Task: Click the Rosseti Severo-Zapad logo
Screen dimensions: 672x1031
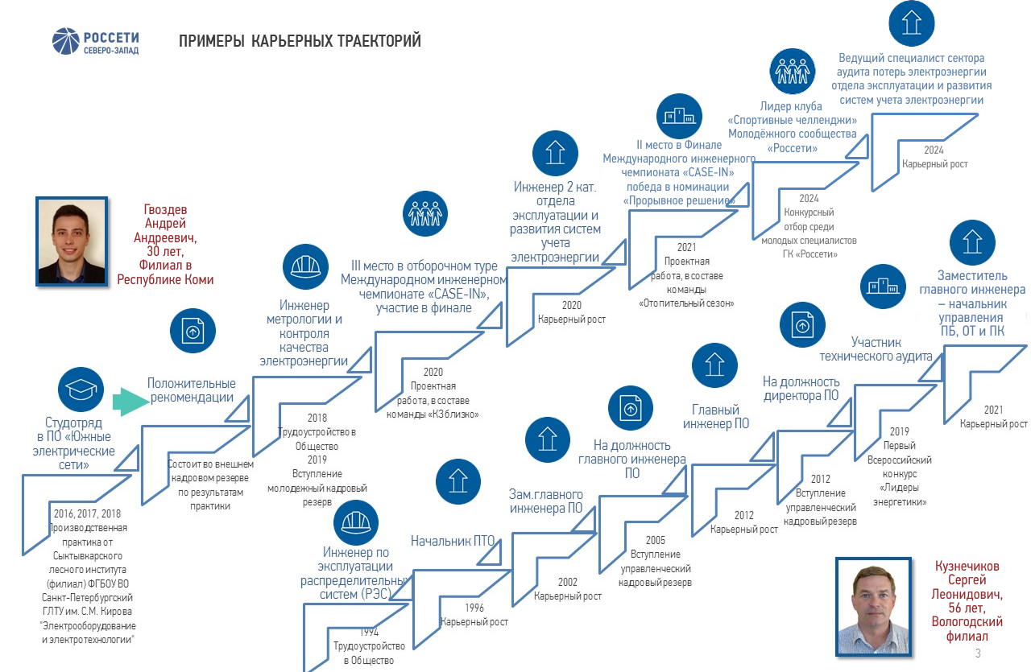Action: (x=95, y=42)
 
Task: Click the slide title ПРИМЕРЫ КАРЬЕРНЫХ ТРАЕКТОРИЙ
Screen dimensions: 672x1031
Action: (x=300, y=41)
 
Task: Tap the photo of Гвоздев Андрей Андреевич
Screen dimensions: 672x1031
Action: (x=72, y=240)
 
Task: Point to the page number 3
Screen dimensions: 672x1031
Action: (x=978, y=653)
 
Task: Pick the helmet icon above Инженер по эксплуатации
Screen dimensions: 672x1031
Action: (x=357, y=522)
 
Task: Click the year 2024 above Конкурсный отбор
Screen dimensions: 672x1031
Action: (x=809, y=198)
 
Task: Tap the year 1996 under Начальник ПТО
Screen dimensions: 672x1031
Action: (x=474, y=608)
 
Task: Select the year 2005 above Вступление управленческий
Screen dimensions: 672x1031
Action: (x=656, y=540)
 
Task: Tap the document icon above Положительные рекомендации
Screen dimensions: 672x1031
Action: (x=193, y=331)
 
